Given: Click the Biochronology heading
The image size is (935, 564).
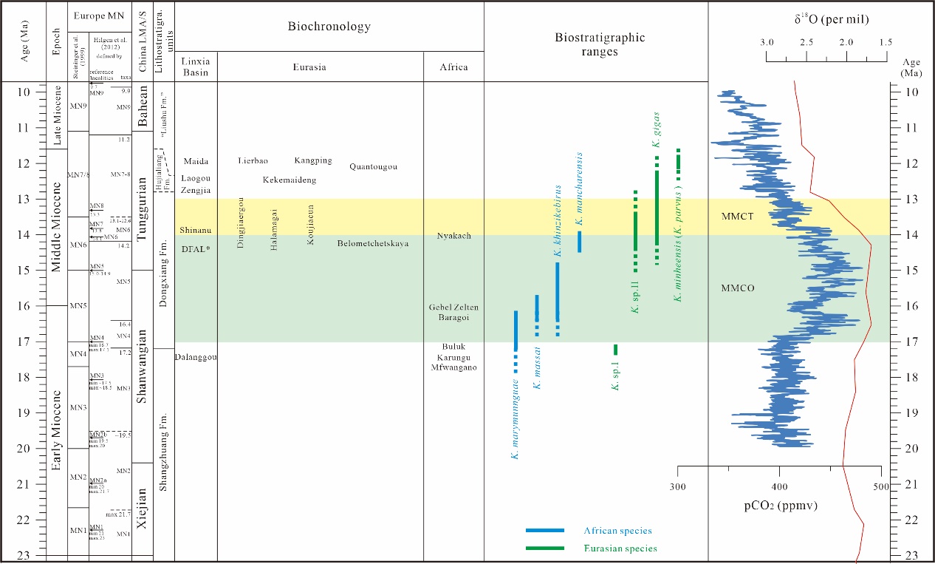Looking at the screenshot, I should pos(329,27).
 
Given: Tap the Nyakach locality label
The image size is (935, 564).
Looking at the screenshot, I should pos(453,236).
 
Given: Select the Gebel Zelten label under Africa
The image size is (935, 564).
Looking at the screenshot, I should pos(453,307).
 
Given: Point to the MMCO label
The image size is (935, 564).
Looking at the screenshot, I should pos(737,288).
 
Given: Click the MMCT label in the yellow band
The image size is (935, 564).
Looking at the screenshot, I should pos(737,216).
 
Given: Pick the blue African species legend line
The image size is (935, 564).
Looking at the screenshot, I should pos(544,531).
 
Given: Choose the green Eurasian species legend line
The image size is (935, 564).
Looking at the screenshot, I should pos(544,548).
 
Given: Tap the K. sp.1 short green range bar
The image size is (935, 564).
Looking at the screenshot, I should pos(615,350).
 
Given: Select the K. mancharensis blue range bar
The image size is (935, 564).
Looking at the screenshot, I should pos(580,241).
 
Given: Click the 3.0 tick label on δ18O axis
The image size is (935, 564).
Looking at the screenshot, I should pos(767,42).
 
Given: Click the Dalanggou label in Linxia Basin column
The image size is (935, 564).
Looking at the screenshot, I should pos(196,358).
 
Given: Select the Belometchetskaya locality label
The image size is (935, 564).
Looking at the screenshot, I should pos(373,243).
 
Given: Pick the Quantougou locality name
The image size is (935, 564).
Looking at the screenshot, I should pos(373,166).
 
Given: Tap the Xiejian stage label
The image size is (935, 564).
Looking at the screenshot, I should pos(144,509).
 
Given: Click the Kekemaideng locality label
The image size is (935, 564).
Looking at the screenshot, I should pos(290,180).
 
